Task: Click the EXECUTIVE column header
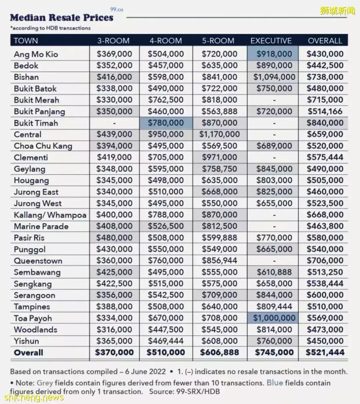point(271,41)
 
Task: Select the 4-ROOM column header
point(166,41)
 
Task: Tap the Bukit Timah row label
point(36,123)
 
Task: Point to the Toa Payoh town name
point(33,318)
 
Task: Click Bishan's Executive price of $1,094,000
point(274,77)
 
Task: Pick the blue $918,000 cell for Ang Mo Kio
point(274,54)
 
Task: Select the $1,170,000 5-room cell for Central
point(219,134)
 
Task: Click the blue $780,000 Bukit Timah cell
point(166,123)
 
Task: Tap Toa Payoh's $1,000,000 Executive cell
point(274,318)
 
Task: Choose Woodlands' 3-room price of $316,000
point(114,329)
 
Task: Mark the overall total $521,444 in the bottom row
point(325,352)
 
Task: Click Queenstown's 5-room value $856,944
point(219,260)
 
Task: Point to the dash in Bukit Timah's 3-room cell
point(114,123)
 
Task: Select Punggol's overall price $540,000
point(325,249)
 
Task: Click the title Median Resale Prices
point(62,18)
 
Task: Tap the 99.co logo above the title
point(116,10)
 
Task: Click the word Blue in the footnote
point(275,383)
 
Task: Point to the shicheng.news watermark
point(34,397)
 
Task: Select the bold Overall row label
point(29,352)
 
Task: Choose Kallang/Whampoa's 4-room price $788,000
point(166,215)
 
